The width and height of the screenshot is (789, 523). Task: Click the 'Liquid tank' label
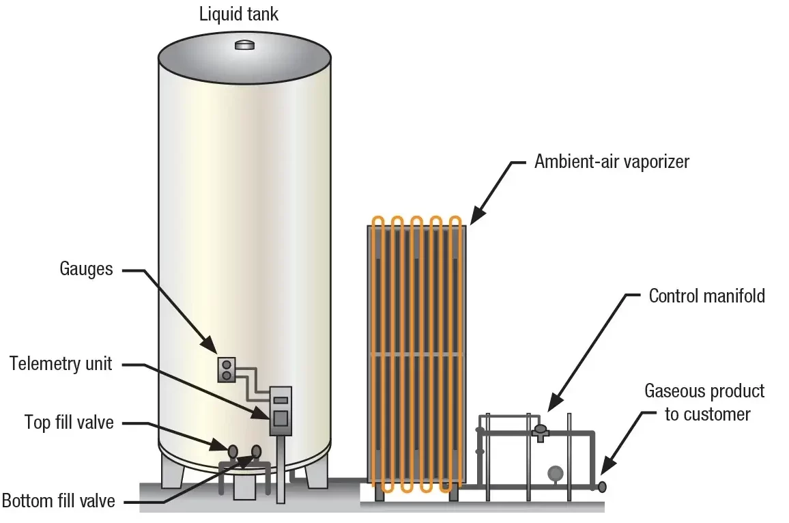click(x=238, y=14)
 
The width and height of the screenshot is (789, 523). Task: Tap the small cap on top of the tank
click(x=244, y=45)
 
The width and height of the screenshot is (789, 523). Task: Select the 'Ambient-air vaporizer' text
click(x=612, y=162)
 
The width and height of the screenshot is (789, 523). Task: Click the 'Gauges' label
click(x=86, y=269)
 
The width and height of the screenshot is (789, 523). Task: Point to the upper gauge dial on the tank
click(x=227, y=365)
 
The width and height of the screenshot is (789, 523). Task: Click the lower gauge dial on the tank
click(x=227, y=376)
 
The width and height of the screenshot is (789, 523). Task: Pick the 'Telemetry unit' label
click(x=61, y=363)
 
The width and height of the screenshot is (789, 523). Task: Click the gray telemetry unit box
click(x=281, y=411)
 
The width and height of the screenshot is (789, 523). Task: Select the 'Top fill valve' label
click(x=69, y=423)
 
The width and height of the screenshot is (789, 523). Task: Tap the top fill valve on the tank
click(x=233, y=451)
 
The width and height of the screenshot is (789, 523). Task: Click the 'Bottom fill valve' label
click(x=59, y=501)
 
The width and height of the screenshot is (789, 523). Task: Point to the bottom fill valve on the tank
click(x=256, y=451)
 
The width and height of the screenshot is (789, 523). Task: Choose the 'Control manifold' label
click(x=706, y=296)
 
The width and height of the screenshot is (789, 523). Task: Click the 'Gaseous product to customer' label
click(x=704, y=403)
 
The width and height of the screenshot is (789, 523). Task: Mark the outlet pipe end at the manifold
click(x=601, y=487)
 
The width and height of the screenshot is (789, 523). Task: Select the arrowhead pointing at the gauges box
click(x=210, y=344)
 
